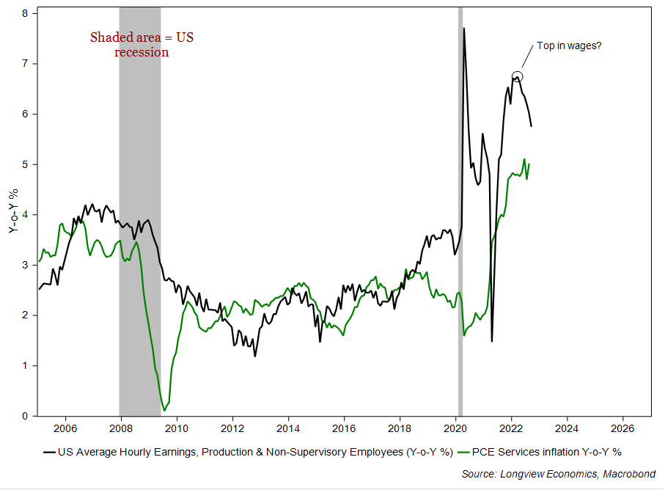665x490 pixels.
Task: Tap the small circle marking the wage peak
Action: point(517,76)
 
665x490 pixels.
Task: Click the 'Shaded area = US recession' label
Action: point(142,45)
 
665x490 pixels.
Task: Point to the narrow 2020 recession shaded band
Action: point(460,220)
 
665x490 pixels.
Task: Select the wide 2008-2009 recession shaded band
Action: point(139,220)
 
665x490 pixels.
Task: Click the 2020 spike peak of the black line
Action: point(464,29)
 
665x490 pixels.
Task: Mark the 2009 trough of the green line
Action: point(164,410)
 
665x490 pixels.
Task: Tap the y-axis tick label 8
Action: point(26,13)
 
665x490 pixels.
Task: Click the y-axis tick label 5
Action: point(26,164)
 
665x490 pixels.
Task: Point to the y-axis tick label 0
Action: point(26,416)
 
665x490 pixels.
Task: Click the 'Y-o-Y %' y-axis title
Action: point(12,213)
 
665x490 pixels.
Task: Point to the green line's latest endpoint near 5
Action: point(529,164)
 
